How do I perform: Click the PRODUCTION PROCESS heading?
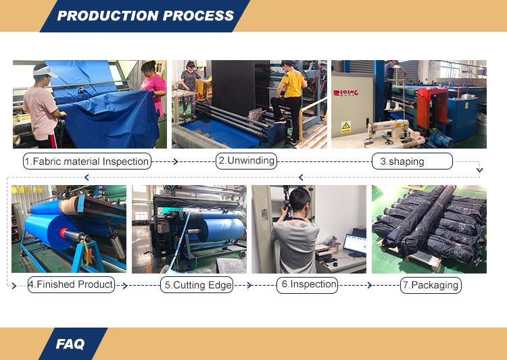[145, 16]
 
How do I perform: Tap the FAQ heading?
[70, 344]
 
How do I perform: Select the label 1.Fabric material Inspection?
[87, 161]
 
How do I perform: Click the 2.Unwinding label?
[246, 161]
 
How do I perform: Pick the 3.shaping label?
[402, 161]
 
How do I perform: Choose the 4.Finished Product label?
[71, 284]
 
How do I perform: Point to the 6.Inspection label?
[309, 284]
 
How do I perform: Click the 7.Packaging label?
[431, 285]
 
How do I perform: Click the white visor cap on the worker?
[45, 72]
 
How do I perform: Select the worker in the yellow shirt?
[289, 99]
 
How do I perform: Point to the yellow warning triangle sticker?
[346, 126]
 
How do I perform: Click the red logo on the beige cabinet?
[345, 93]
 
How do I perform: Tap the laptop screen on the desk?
[356, 244]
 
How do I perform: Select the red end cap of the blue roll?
[64, 232]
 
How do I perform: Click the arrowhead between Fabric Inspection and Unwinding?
[176, 161]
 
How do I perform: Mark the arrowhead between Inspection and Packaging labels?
[370, 285]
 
